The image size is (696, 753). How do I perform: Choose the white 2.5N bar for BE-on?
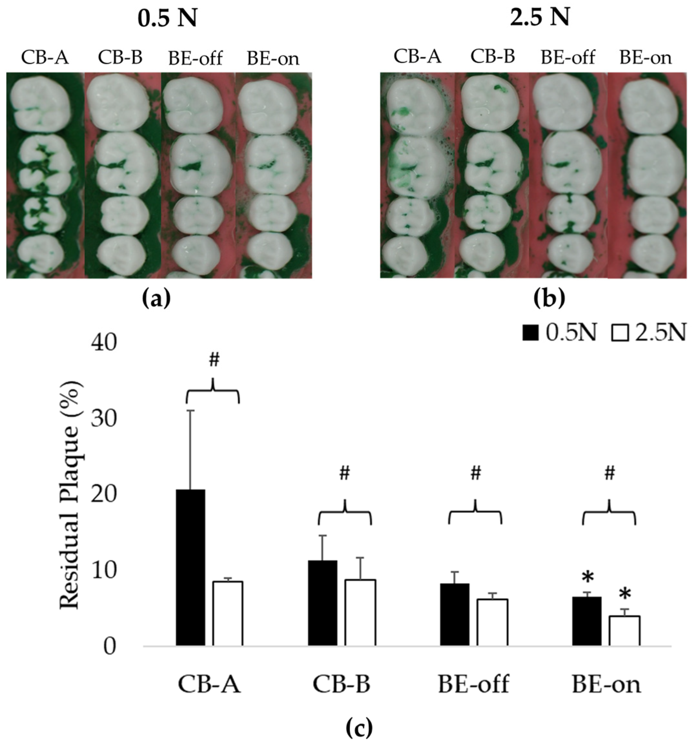[x=624, y=631]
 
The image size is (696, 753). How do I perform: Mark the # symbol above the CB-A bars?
[x=214, y=360]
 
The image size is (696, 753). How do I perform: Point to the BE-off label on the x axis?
[x=474, y=684]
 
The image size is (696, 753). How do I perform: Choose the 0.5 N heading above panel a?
[x=167, y=19]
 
